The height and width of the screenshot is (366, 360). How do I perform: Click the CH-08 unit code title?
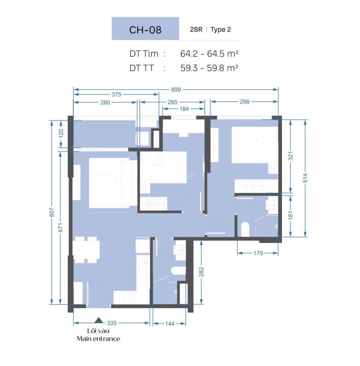tap(145, 30)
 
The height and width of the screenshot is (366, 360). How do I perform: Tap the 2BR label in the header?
tap(196, 30)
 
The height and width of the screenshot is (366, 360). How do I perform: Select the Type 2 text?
tap(221, 30)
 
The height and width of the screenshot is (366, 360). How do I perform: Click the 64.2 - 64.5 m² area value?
tap(209, 54)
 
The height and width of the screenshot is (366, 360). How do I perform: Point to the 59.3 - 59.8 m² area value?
tap(209, 68)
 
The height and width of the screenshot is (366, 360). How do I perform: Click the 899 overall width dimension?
tap(176, 90)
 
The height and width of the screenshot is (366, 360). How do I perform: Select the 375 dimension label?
tap(116, 94)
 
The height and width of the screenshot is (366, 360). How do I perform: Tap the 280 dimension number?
tap(105, 103)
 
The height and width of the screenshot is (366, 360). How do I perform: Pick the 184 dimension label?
tap(184, 109)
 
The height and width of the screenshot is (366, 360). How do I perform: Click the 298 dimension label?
tap(245, 102)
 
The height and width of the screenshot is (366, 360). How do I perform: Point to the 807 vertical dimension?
tap(52, 212)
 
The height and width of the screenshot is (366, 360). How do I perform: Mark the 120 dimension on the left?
tap(61, 133)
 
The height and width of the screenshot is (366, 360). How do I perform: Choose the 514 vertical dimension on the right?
tap(305, 178)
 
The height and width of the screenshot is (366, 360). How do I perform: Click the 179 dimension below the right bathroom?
tap(258, 253)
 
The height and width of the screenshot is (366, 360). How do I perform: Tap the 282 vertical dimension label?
tap(201, 272)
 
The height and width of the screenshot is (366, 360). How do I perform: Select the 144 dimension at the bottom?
tap(170, 324)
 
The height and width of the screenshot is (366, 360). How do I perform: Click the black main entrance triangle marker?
tap(99, 320)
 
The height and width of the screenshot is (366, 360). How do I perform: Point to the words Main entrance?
tap(98, 338)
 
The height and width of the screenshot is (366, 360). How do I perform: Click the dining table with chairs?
tap(86, 250)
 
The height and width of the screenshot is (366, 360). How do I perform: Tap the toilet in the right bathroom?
tap(245, 229)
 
